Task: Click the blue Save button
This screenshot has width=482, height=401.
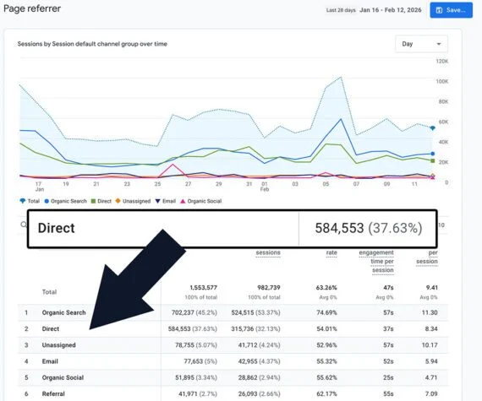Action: click(452, 10)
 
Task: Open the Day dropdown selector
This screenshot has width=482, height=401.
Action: click(421, 44)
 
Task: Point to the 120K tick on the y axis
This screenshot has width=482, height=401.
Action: click(441, 62)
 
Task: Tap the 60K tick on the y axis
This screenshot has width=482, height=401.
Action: click(441, 122)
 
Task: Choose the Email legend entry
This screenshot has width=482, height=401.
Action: click(167, 201)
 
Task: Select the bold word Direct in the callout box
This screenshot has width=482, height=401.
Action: click(56, 228)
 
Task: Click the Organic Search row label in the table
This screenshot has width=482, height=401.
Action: click(64, 312)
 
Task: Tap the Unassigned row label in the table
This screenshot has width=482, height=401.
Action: click(61, 344)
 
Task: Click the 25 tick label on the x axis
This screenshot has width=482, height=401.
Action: click(157, 183)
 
